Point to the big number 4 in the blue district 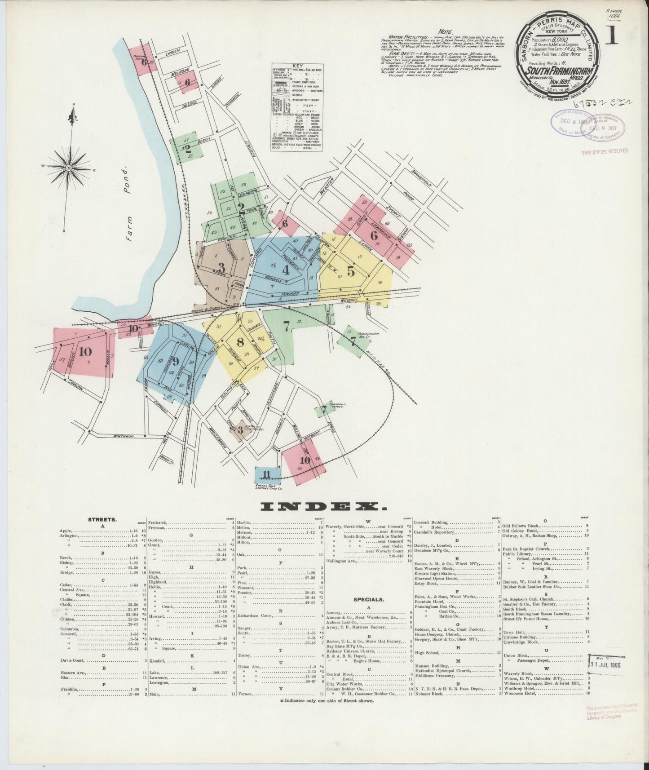[286, 270]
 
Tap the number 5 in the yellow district [351, 271]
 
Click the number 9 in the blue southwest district [175, 361]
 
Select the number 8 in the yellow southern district [240, 342]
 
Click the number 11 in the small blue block [267, 474]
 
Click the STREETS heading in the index [102, 519]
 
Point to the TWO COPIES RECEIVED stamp [605, 151]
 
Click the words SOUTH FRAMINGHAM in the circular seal [555, 71]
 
